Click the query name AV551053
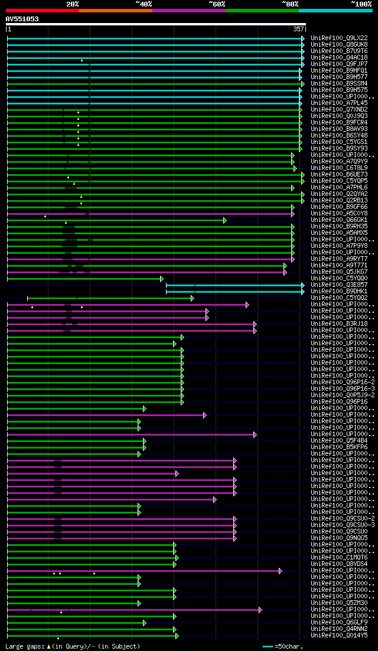click(22, 19)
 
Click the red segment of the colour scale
click(42, 10)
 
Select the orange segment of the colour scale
click(115, 10)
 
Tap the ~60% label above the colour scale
click(217, 4)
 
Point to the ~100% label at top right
click(361, 4)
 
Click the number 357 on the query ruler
click(298, 29)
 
